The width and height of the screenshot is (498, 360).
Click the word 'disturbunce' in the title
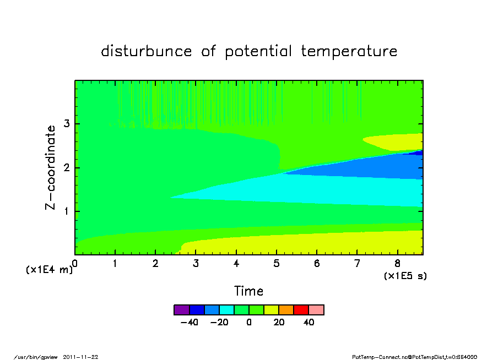147,51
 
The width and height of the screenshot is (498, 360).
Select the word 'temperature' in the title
349,51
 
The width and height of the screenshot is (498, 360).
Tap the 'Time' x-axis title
248,291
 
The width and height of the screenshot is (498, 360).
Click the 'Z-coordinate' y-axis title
50,168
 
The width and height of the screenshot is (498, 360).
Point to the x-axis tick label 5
277,263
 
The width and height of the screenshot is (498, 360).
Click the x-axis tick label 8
397,263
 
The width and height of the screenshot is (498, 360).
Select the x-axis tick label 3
196,263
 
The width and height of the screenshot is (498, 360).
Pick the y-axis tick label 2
66,167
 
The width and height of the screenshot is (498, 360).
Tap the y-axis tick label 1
66,211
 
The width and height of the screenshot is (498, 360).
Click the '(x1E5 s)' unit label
405,276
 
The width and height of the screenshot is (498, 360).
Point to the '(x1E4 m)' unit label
49,270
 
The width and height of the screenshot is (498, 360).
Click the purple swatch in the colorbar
182,310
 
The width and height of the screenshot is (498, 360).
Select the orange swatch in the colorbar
286,310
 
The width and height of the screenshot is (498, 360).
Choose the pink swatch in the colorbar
316,310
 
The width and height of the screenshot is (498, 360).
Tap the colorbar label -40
190,322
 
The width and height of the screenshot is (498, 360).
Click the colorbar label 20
279,322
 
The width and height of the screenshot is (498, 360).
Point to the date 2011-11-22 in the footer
80,357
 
